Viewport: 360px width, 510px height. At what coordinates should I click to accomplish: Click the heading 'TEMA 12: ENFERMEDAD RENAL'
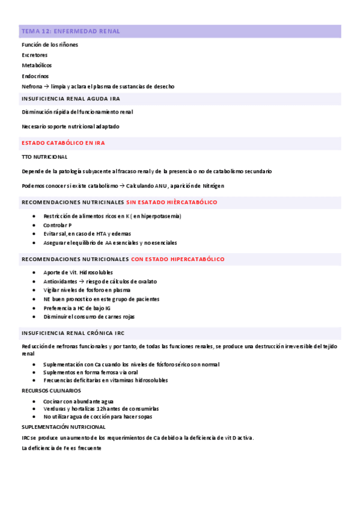click(x=70, y=31)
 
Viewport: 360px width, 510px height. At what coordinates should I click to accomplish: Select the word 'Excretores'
click(x=35, y=55)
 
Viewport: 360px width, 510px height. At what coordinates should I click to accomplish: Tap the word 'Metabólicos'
click(x=37, y=65)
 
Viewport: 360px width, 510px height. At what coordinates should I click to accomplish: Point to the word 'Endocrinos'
click(x=35, y=76)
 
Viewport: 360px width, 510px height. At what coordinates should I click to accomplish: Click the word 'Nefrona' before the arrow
click(x=32, y=86)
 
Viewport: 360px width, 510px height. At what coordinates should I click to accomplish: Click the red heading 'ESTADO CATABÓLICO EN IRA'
click(x=63, y=143)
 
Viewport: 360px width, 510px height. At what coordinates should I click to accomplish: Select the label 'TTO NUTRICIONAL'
click(x=44, y=157)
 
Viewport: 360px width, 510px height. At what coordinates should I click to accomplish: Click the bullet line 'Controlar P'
click(x=57, y=225)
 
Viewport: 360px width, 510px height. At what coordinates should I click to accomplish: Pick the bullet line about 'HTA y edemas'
click(x=87, y=233)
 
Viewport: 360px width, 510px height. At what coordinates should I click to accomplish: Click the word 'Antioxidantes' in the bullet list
click(x=60, y=281)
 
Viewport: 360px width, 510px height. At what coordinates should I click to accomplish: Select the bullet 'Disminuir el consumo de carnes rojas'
click(x=89, y=316)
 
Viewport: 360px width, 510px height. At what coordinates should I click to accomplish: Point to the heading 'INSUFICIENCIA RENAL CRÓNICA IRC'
click(x=73, y=333)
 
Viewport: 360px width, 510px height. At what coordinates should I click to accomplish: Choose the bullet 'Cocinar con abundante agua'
click(x=78, y=401)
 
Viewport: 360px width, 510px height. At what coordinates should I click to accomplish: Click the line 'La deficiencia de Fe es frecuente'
click(x=61, y=448)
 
